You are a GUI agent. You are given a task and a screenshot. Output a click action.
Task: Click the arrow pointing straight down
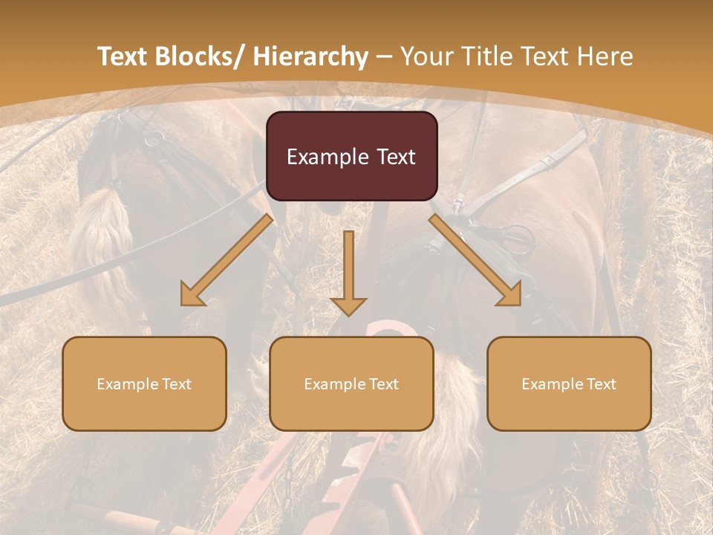(348, 275)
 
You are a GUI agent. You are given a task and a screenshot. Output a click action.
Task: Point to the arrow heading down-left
(227, 261)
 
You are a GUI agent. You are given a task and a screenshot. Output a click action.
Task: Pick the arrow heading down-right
(475, 261)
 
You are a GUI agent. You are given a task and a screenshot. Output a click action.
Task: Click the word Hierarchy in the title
(310, 56)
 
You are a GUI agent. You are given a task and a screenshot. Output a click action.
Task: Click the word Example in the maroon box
(328, 158)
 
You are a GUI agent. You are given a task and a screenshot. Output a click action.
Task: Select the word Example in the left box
(128, 384)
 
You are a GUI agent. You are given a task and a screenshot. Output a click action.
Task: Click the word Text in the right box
(601, 384)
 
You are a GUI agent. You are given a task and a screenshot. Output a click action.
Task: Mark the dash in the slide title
(384, 56)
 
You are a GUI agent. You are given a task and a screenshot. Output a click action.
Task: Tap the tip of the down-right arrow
(520, 305)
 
